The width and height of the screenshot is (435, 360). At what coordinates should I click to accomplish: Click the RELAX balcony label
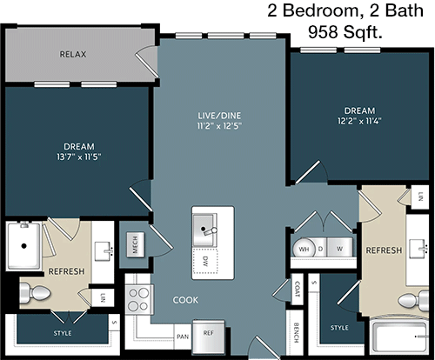coord(73,54)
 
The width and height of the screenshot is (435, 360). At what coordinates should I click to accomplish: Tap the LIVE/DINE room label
coord(219,116)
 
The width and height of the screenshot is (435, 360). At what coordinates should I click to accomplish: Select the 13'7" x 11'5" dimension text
coord(79,157)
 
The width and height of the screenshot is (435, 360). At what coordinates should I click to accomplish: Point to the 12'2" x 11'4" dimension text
coord(359,121)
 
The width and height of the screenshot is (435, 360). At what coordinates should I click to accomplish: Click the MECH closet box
coord(136,244)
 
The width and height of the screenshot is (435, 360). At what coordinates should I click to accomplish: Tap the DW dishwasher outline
coord(205,261)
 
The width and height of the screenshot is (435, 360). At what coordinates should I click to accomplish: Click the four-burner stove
coord(138,299)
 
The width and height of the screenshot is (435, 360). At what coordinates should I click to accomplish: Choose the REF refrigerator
coord(209,337)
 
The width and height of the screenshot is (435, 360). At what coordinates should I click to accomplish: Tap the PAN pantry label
coord(183,337)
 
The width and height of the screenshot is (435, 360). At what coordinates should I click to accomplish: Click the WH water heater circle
coord(304,249)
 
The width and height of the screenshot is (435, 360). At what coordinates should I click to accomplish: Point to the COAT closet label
coord(297,289)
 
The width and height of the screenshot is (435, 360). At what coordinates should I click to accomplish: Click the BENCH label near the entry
coord(296,332)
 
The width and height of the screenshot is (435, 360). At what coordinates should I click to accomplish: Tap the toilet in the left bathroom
coord(35,293)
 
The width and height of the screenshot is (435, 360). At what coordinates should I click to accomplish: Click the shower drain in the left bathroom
coord(24,246)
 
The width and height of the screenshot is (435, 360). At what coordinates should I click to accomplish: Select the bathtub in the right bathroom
coord(399,337)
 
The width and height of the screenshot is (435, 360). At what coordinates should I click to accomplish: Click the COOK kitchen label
coord(185,300)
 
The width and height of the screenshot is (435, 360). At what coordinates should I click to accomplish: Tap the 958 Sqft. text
coord(345,32)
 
